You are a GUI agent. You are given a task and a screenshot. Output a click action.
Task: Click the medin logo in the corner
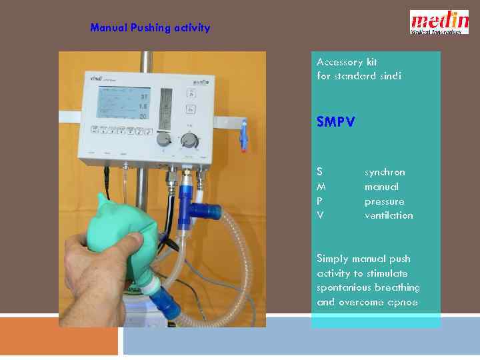[439, 21]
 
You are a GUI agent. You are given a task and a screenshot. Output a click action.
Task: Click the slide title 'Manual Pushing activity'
[150, 28]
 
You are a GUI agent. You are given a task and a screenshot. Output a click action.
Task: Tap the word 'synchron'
[385, 172]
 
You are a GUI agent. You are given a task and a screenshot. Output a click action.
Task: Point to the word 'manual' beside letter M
[381, 187]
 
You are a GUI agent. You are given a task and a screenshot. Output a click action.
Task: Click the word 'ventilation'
[389, 215]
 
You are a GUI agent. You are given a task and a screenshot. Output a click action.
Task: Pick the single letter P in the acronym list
[320, 201]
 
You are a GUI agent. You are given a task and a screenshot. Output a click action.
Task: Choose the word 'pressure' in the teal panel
[384, 201]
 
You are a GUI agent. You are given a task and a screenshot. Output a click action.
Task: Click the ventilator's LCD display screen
[124, 103]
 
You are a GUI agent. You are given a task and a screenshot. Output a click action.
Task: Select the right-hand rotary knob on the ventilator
[190, 141]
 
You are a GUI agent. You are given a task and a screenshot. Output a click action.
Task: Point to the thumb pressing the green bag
[136, 241]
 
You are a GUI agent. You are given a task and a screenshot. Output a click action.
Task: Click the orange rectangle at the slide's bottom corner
[59, 335]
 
